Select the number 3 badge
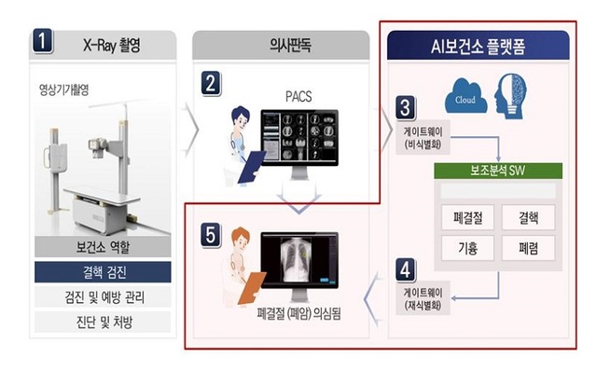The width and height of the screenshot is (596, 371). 406,104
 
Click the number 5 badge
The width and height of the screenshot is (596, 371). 212,235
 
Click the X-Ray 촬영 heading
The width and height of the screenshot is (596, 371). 117,43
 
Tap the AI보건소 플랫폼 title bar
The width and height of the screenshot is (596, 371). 480,44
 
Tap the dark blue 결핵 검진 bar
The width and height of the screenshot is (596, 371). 103,272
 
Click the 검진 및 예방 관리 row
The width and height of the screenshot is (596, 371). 103,297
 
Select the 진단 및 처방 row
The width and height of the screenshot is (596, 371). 103,323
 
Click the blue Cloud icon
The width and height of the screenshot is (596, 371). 466,97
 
